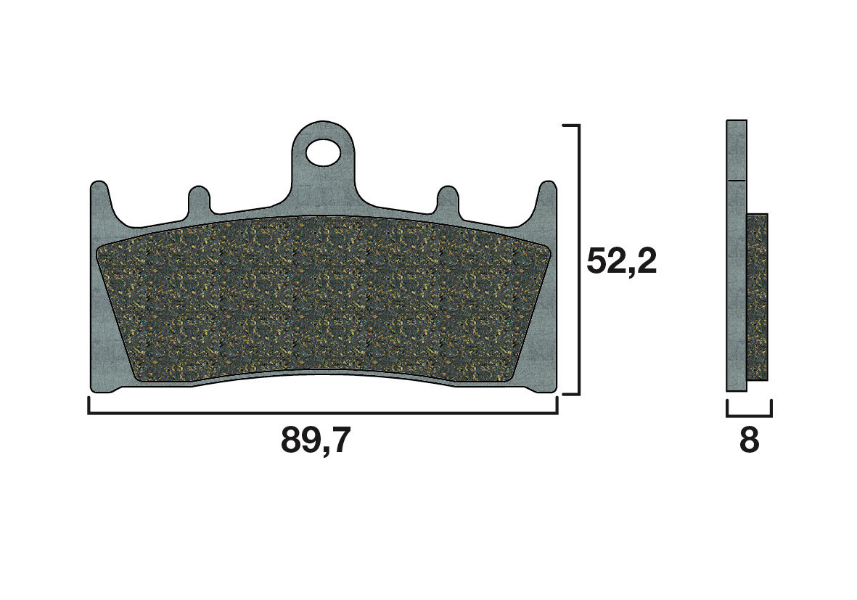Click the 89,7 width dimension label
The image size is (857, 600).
(316, 440)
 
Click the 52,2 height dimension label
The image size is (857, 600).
(621, 261)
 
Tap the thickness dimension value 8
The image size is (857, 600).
(749, 440)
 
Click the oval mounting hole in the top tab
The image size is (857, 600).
(322, 152)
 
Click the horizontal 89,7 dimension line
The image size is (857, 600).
(323, 413)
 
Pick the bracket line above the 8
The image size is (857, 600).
(749, 416)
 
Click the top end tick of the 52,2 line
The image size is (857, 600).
(571, 126)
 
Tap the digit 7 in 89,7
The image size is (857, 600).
(339, 440)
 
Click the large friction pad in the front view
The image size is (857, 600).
(323, 301)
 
